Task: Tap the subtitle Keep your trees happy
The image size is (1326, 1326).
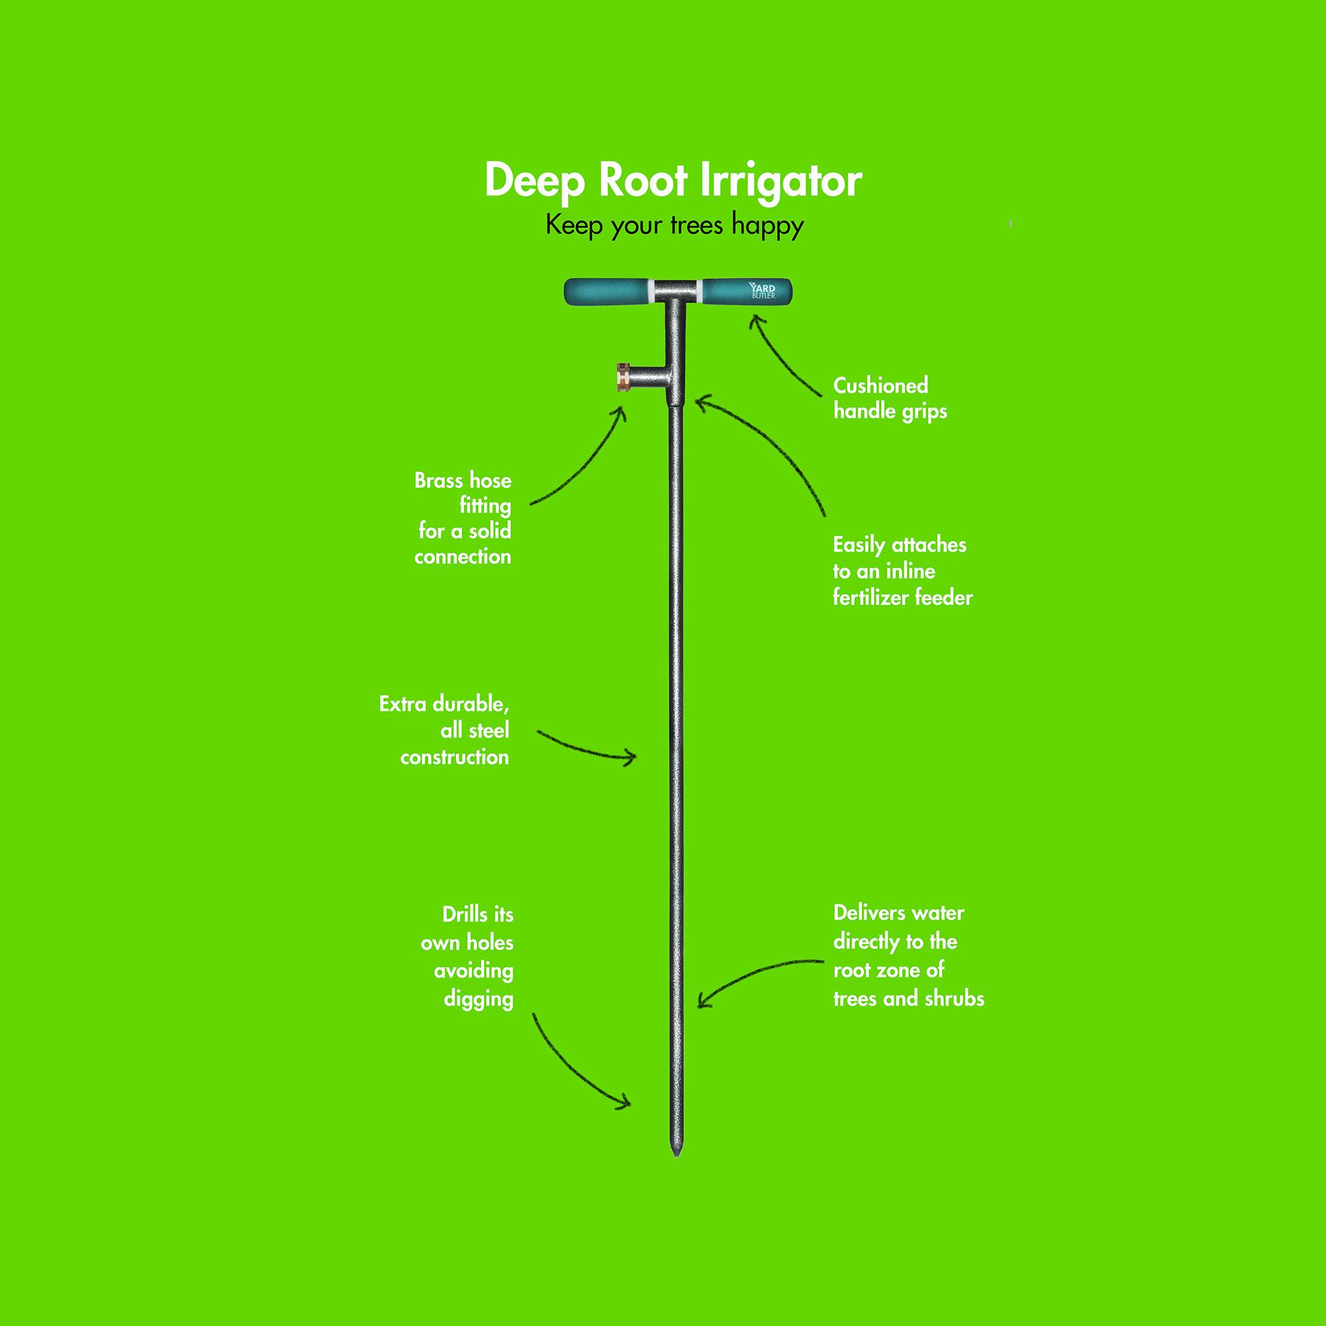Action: click(675, 226)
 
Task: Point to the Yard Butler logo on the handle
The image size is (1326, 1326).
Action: click(763, 291)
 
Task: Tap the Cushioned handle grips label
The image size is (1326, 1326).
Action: click(890, 398)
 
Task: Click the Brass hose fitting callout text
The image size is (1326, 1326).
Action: click(463, 518)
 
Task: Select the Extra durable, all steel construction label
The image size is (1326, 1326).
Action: click(445, 730)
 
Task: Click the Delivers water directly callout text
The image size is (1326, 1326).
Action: click(909, 955)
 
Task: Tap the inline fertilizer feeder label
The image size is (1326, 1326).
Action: click(902, 571)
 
